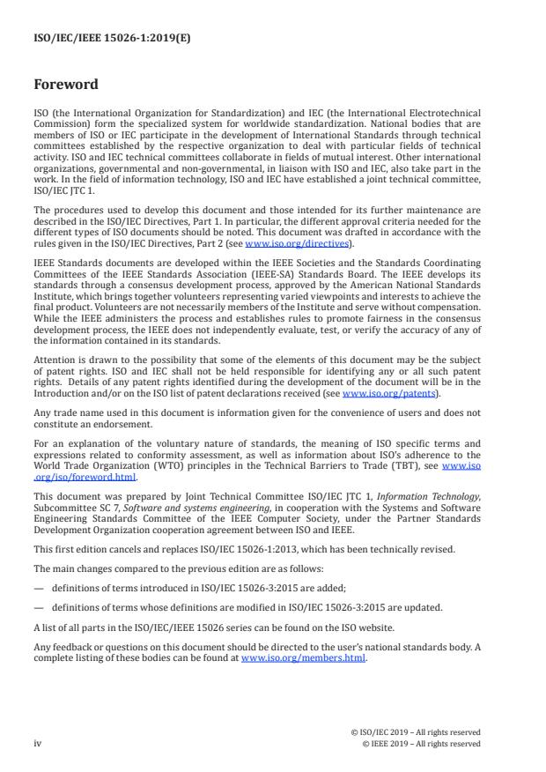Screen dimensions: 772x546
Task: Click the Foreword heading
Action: [x=66, y=85]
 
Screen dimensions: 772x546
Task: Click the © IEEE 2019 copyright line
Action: [x=422, y=744]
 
